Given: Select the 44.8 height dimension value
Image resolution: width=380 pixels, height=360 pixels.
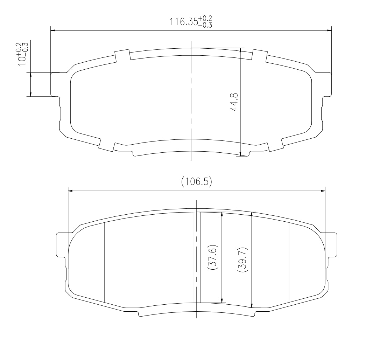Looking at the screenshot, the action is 234,102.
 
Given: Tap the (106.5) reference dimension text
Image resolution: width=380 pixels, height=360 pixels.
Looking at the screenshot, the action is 197,181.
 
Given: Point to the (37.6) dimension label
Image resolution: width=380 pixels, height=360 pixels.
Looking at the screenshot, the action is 213,258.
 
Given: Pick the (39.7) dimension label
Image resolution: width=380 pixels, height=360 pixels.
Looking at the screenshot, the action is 243,259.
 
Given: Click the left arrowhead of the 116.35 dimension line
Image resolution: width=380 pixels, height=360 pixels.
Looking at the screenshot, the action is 53,30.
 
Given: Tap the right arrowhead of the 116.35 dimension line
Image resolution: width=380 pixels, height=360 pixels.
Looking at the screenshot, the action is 329,30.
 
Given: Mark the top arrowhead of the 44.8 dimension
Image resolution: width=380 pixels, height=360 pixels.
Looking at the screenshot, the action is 240,50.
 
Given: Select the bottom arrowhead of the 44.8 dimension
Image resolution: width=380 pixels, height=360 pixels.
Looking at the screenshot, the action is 240,153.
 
